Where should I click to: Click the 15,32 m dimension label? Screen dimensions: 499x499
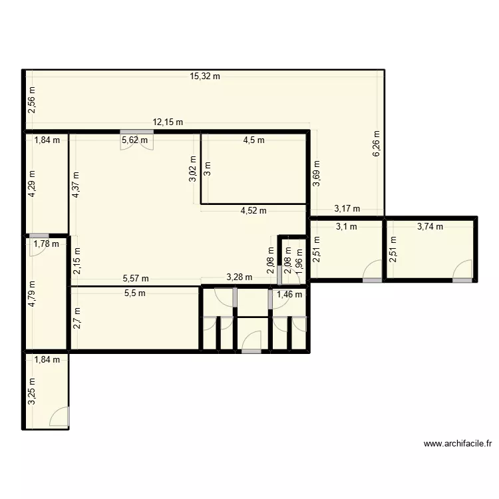point(205,77)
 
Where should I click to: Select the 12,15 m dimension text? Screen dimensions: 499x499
point(168,122)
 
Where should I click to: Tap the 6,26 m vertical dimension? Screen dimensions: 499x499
point(377,143)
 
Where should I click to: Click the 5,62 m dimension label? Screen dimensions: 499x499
point(135,140)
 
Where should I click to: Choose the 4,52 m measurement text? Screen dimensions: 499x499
point(253,211)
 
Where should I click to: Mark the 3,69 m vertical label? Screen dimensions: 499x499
point(317,174)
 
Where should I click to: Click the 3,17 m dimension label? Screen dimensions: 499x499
point(347,209)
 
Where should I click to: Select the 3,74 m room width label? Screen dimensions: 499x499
point(430,226)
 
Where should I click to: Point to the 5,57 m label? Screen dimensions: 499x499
point(136,279)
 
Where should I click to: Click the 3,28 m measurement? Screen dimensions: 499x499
point(239,277)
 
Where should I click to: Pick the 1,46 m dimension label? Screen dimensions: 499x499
point(289,294)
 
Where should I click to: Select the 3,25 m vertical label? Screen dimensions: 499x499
point(33,393)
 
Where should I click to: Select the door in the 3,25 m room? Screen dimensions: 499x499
point(61,417)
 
